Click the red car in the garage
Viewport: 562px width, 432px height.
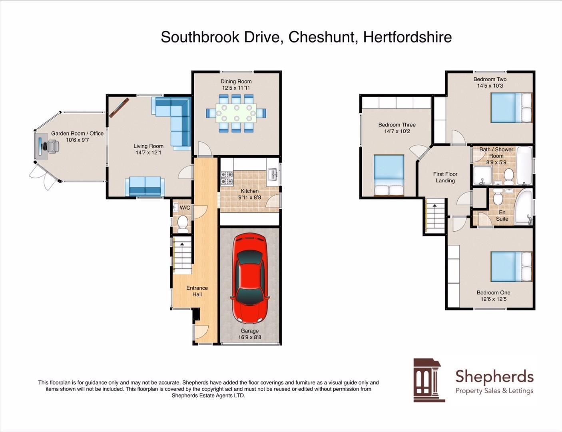[250, 279]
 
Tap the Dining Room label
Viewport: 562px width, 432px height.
[236, 82]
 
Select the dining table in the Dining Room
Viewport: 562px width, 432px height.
[236, 113]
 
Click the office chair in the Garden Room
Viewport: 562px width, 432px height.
[52, 146]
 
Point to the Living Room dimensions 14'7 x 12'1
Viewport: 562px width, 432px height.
[148, 152]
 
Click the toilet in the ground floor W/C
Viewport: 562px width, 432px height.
[183, 223]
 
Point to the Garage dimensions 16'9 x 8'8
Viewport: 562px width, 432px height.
[250, 337]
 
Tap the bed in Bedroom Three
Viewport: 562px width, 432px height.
[389, 175]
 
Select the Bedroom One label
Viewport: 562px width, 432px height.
[493, 292]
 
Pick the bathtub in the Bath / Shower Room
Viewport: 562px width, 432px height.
[524, 165]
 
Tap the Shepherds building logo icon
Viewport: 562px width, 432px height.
[428, 380]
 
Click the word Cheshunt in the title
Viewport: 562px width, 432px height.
[321, 37]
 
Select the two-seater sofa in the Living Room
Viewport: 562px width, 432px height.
[145, 186]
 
